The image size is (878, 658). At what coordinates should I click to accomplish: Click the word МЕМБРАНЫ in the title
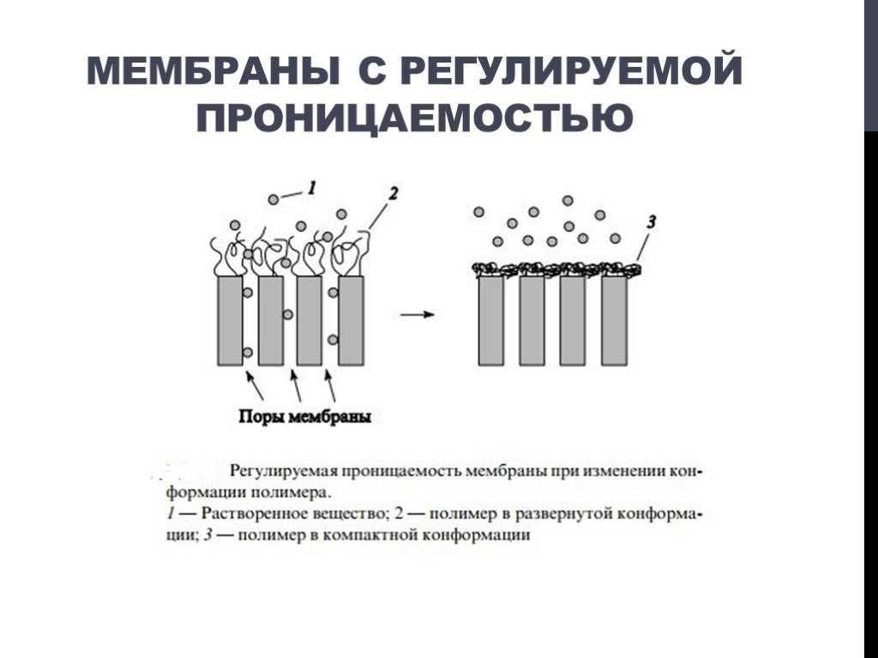pyautogui.click(x=213, y=70)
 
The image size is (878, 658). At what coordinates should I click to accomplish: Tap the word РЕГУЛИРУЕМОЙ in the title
pyautogui.click(x=571, y=70)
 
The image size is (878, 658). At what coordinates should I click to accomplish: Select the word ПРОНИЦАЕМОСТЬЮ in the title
pyautogui.click(x=415, y=117)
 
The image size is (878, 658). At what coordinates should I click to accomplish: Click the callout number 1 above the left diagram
pyautogui.click(x=312, y=188)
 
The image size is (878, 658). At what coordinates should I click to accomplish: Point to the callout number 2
pyautogui.click(x=393, y=194)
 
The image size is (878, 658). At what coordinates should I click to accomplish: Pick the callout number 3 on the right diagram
pyautogui.click(x=651, y=222)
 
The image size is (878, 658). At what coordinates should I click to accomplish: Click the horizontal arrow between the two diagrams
pyautogui.click(x=418, y=314)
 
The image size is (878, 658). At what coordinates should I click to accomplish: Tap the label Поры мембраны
pyautogui.click(x=305, y=417)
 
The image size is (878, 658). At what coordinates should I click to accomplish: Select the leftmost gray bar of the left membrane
pyautogui.click(x=230, y=320)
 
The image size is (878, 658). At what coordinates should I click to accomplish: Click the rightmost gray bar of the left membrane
pyautogui.click(x=351, y=320)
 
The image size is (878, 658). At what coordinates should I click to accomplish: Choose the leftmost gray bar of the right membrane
pyautogui.click(x=491, y=320)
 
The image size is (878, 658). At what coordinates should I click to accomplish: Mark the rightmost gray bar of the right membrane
pyautogui.click(x=615, y=320)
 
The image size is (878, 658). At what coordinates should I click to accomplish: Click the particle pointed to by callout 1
pyautogui.click(x=274, y=199)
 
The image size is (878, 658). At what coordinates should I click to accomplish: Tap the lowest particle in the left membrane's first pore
pyautogui.click(x=247, y=352)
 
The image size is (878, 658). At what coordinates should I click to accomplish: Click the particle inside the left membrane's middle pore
pyautogui.click(x=288, y=314)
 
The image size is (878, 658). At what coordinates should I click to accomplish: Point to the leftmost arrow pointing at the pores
pyautogui.click(x=255, y=386)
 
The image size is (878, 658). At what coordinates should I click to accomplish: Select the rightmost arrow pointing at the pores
pyautogui.click(x=331, y=386)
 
